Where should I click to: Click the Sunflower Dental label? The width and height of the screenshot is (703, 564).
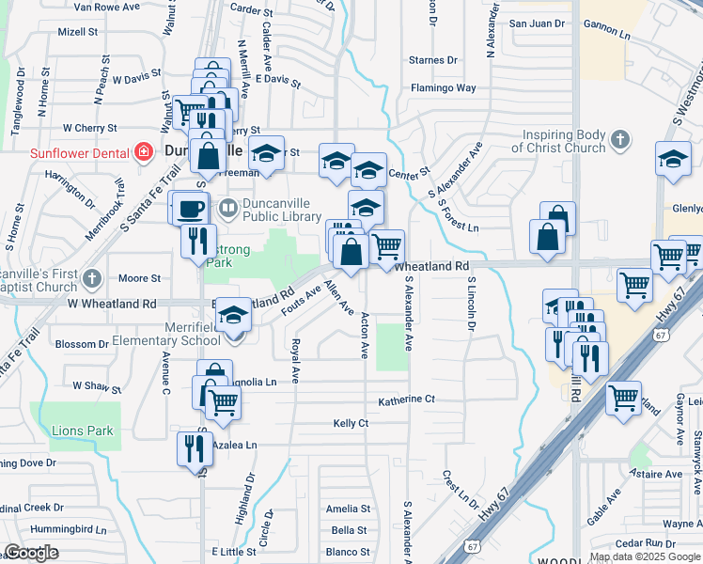79,152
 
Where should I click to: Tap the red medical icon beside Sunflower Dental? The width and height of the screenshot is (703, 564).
143,152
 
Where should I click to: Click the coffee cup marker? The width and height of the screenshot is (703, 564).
191,209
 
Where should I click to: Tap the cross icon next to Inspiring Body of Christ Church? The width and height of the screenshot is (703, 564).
618,141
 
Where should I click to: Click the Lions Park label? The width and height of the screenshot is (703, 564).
84,431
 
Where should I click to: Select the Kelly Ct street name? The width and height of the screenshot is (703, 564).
351,424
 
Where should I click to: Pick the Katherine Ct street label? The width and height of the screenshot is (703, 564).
406,399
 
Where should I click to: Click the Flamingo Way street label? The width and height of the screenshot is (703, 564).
443,88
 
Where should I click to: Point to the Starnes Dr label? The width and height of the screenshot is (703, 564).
433,60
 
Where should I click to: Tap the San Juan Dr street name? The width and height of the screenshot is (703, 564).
537,23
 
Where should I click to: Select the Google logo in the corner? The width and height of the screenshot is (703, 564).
31,553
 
